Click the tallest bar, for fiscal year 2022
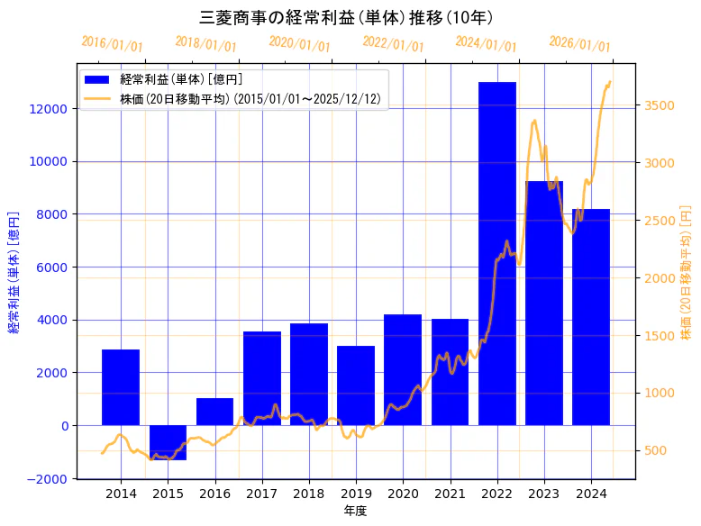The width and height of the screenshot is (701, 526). pyautogui.click(x=496, y=253)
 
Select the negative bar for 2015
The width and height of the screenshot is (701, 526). pyautogui.click(x=168, y=442)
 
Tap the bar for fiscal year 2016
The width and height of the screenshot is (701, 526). pyautogui.click(x=214, y=412)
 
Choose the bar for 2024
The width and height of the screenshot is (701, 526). pyautogui.click(x=590, y=317)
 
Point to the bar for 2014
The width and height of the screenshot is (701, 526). pyautogui.click(x=121, y=387)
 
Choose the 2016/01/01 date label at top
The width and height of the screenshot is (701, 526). pyautogui.click(x=112, y=43)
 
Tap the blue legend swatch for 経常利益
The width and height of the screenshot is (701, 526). pyautogui.click(x=98, y=80)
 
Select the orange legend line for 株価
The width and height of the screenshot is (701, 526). pyautogui.click(x=98, y=99)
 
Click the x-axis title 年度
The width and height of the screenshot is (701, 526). pyautogui.click(x=355, y=511)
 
